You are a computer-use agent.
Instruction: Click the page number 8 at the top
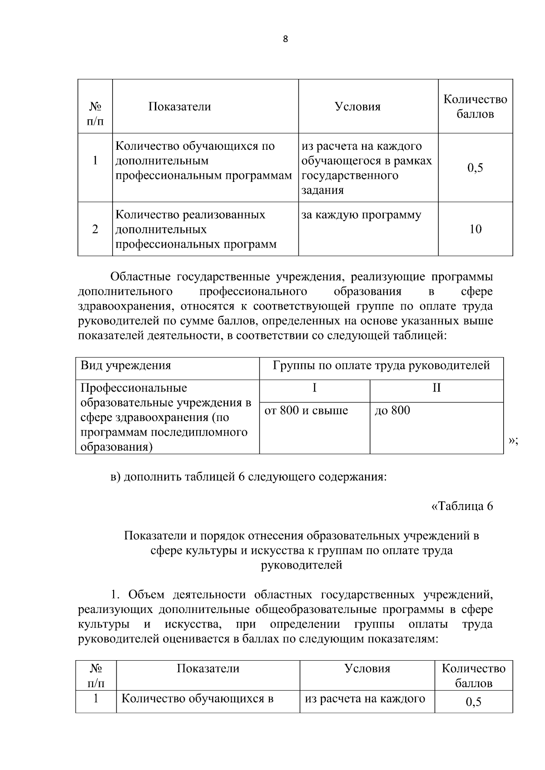pyautogui.click(x=285, y=39)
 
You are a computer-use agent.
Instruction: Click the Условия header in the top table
pyautogui.click(x=357, y=107)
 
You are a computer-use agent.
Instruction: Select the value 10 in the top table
pyautogui.click(x=475, y=229)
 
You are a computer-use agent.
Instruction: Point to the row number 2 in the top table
pyautogui.click(x=95, y=229)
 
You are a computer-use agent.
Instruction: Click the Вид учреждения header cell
pyautogui.click(x=126, y=366)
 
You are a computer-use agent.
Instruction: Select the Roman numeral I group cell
pyautogui.click(x=314, y=388)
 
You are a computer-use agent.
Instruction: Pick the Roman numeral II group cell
pyautogui.click(x=436, y=388)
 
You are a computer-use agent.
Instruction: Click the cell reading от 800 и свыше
pyautogui.click(x=306, y=411)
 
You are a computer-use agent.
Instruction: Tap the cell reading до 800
pyautogui.click(x=392, y=411)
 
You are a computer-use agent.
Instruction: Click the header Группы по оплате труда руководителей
pyautogui.click(x=381, y=366)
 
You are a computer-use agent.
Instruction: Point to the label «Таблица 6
pyautogui.click(x=461, y=506)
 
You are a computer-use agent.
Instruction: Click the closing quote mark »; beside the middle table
pyautogui.click(x=513, y=441)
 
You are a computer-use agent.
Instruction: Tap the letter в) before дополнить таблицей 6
pyautogui.click(x=115, y=477)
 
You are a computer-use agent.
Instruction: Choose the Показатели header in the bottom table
pyautogui.click(x=208, y=668)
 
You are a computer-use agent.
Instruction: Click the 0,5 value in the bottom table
pyautogui.click(x=473, y=702)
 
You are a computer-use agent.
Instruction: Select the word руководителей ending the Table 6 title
pyautogui.click(x=302, y=565)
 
